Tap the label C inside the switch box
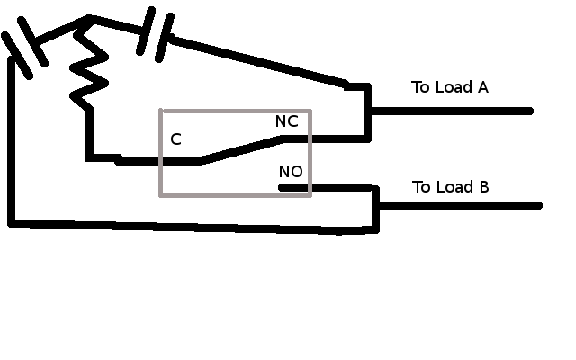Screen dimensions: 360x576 (x=175, y=139)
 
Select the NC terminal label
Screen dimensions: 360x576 (x=287, y=121)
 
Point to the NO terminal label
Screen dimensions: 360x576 (x=291, y=172)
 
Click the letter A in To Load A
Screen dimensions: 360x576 (x=482, y=87)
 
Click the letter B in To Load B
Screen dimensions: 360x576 (x=483, y=187)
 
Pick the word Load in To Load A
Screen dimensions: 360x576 (x=454, y=87)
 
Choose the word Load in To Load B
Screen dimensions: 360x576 (x=455, y=187)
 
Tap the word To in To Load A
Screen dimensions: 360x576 (x=421, y=87)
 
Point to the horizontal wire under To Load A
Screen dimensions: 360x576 (x=450, y=112)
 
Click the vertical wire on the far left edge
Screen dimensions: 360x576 (x=11, y=144)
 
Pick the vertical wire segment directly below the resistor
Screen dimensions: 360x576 (x=90, y=135)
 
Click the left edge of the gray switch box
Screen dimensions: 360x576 (x=161, y=153)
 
